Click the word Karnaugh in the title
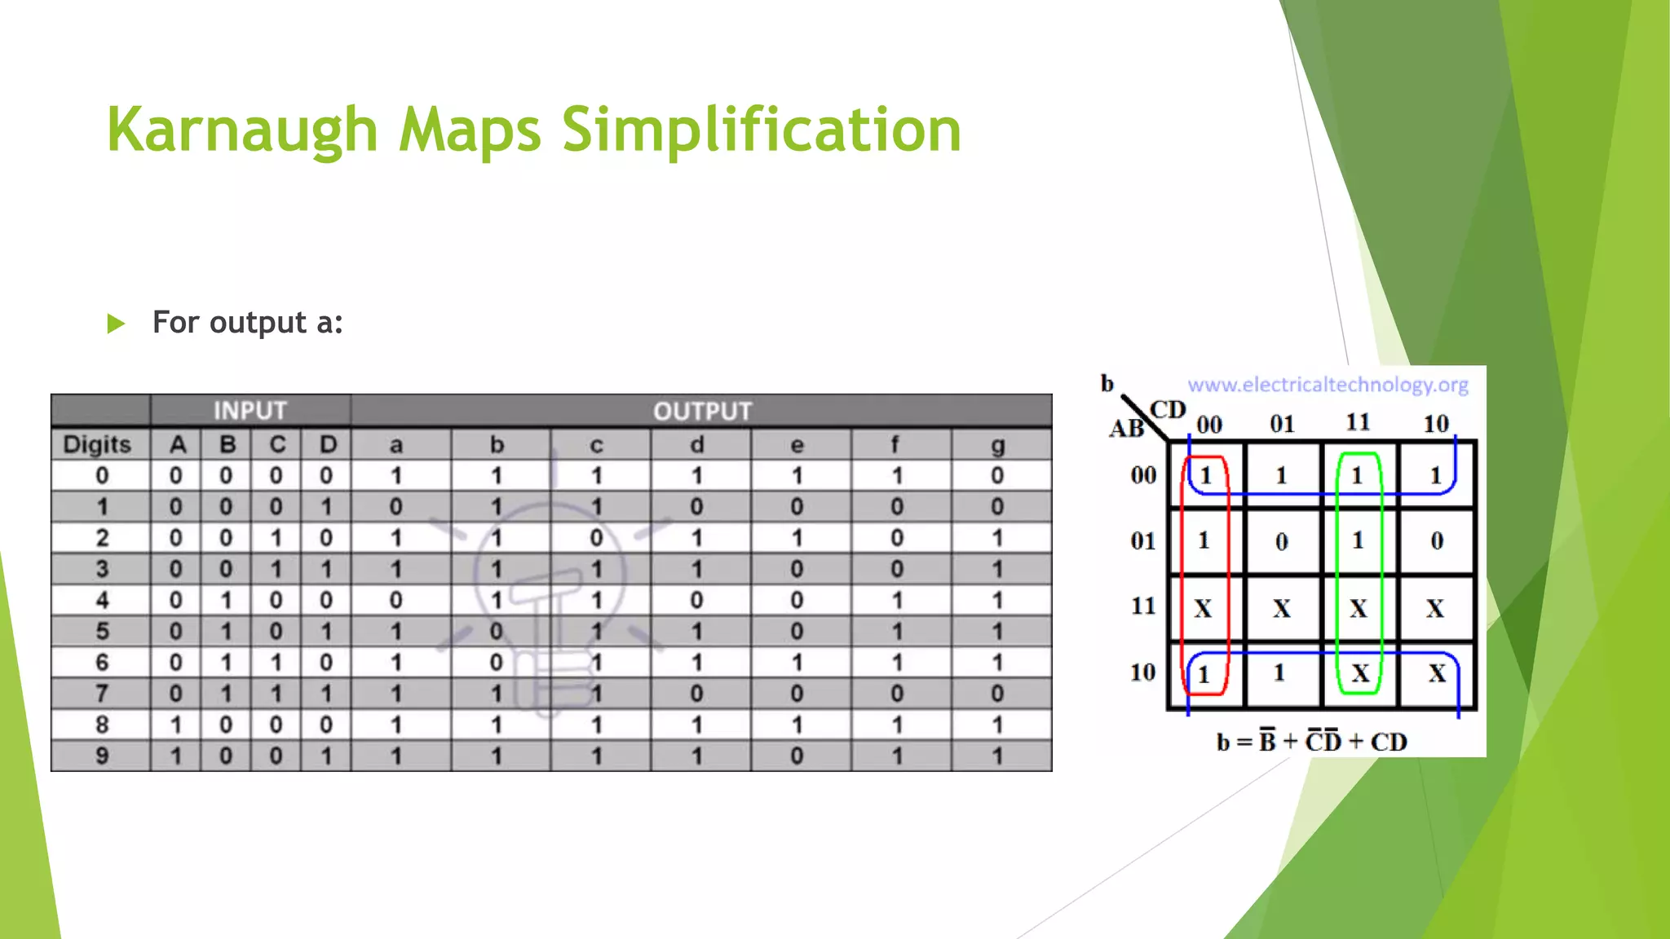point(241,130)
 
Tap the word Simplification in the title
point(762,130)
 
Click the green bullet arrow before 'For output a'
point(116,324)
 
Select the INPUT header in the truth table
point(250,411)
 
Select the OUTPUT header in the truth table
point(702,411)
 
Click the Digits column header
point(98,445)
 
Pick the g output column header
point(997,445)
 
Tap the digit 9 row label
point(102,756)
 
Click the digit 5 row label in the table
point(102,631)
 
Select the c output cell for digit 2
point(597,538)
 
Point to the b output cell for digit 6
point(496,663)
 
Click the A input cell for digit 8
point(176,725)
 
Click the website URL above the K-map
point(1328,385)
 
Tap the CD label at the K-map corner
point(1167,410)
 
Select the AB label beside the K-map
point(1126,429)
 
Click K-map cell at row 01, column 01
point(1282,541)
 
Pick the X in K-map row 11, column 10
point(1435,608)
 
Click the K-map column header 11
point(1358,423)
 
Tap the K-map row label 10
point(1142,672)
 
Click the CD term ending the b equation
point(1389,742)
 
